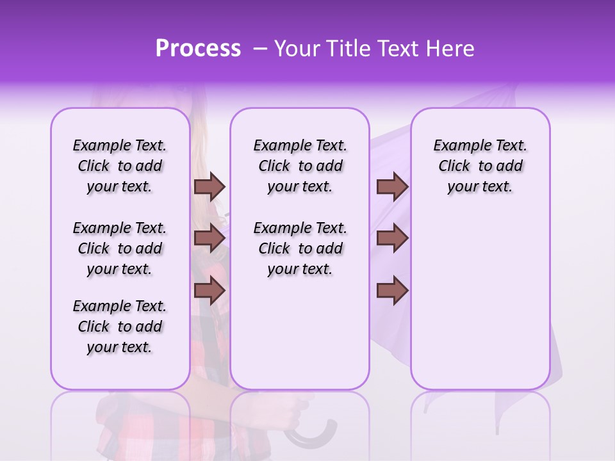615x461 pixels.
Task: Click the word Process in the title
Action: (x=198, y=49)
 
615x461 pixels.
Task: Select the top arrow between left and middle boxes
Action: (x=209, y=186)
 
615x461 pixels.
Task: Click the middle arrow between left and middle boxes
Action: (x=209, y=238)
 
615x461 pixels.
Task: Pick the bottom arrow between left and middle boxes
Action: (x=209, y=290)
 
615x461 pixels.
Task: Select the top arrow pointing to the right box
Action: (x=392, y=186)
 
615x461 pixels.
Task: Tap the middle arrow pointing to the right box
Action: (x=392, y=238)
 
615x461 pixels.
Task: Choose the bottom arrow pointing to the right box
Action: (x=392, y=290)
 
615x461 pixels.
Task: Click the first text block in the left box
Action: (x=120, y=166)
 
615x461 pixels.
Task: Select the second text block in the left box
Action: (x=120, y=248)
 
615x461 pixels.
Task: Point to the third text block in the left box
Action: (x=120, y=327)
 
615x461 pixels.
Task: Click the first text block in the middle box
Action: (x=300, y=166)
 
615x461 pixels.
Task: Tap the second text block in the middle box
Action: (x=300, y=248)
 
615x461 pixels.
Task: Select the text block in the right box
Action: (x=480, y=166)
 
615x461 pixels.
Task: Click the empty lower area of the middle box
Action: (x=300, y=333)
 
